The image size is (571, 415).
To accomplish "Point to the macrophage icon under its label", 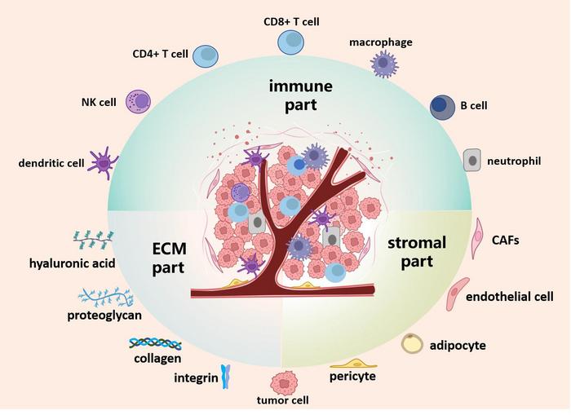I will (383, 63).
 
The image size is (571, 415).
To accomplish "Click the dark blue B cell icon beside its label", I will (443, 108).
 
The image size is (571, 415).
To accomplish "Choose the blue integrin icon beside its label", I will (227, 377).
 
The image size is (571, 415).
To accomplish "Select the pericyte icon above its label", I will (352, 362).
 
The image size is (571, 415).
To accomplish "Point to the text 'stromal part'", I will (416, 252).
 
